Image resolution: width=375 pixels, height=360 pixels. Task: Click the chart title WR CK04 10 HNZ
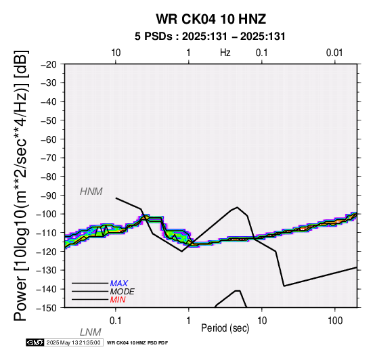tap(211, 19)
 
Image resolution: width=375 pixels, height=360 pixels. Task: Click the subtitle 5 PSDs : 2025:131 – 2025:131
tap(210, 37)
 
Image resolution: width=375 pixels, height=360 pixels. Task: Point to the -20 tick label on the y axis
tap(49, 64)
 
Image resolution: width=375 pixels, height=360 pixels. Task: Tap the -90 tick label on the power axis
tap(49, 196)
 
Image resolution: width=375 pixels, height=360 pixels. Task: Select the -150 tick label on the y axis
tap(47, 308)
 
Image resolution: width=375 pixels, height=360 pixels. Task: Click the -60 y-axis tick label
tap(49, 139)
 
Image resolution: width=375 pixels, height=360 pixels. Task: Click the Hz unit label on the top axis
tap(225, 53)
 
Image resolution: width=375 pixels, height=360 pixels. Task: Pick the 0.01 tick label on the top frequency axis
tap(334, 53)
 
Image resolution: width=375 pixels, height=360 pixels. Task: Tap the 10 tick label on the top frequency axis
tap(116, 53)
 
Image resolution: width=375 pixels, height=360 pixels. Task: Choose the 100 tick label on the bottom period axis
tap(335, 321)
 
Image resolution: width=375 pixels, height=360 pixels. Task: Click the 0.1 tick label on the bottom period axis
tap(116, 321)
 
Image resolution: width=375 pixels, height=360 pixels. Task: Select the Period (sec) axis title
tap(225, 328)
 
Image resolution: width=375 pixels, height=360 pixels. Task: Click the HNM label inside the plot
tap(91, 192)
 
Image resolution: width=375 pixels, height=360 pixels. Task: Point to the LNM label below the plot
tap(91, 332)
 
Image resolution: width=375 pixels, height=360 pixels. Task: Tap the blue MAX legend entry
tap(119, 284)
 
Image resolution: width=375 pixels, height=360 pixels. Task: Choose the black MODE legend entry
tap(123, 292)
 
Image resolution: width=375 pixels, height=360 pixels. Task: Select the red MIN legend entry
tap(118, 300)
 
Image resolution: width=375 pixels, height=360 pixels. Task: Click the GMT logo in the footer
tap(35, 342)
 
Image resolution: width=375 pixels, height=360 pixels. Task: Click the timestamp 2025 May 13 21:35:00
tap(73, 342)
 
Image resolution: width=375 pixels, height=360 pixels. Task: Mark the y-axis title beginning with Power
tap(21, 185)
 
